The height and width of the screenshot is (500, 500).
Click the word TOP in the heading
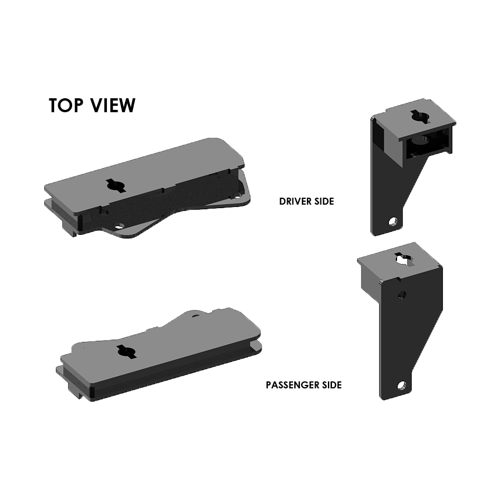click(x=66, y=105)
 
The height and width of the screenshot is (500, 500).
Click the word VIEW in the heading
click(x=113, y=105)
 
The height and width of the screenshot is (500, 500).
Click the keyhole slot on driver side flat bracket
click(x=116, y=185)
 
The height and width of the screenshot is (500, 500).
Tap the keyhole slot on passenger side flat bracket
click(x=126, y=351)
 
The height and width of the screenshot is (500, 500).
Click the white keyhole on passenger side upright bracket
click(x=403, y=259)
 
